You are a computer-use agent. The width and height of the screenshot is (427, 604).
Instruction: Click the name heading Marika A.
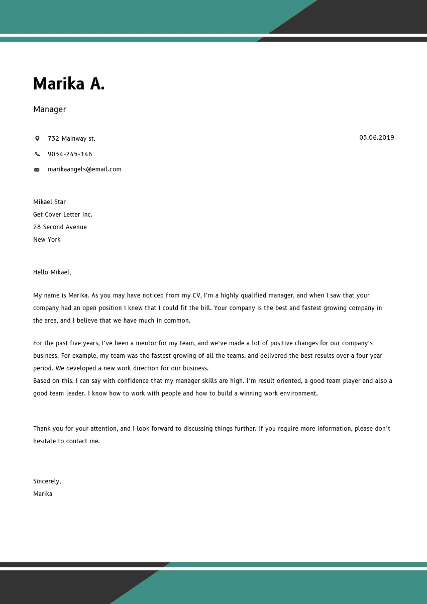[69, 84]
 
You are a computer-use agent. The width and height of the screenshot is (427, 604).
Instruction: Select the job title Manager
[50, 110]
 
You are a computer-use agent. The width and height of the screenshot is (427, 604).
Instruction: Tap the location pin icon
[37, 138]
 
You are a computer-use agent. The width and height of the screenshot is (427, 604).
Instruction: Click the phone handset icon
[37, 154]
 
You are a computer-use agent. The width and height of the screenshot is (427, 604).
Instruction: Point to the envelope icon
[37, 170]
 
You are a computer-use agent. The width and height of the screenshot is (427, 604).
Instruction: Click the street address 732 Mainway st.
[71, 139]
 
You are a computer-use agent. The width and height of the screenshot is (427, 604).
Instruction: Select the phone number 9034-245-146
[70, 154]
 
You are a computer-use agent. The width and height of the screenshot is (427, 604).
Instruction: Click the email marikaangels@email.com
[84, 169]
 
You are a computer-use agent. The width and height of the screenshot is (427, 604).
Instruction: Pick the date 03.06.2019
[376, 138]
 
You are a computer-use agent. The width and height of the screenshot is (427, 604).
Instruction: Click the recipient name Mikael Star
[49, 202]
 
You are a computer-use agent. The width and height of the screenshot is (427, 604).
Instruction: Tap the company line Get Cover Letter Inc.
[63, 215]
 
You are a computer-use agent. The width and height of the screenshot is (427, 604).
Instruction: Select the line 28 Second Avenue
[60, 227]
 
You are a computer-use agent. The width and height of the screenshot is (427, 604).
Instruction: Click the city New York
[47, 240]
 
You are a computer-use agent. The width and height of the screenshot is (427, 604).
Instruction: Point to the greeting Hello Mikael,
[52, 272]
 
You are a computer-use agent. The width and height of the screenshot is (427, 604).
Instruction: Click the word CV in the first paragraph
[196, 295]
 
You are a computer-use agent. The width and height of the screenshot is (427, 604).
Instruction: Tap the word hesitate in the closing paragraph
[45, 441]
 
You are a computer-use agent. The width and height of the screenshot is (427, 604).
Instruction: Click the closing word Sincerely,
[47, 481]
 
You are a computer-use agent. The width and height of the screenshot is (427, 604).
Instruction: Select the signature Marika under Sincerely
[43, 494]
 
